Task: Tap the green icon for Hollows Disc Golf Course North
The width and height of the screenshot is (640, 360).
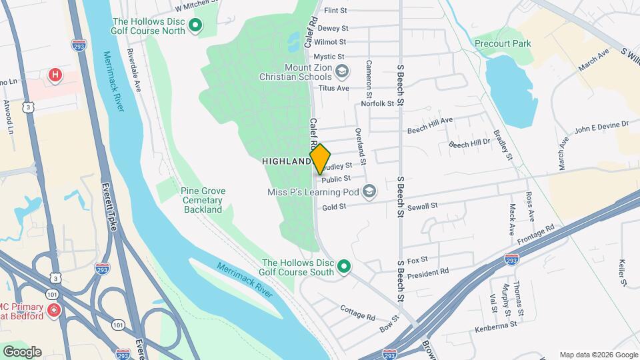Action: point(195,27)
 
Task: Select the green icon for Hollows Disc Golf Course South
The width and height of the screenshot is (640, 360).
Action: point(344,267)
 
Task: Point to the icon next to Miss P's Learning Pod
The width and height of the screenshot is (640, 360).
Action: point(369,193)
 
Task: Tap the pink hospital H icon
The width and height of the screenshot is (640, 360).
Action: point(55,75)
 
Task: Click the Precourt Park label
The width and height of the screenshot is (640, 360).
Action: point(503,43)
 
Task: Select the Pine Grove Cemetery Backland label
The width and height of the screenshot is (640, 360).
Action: point(203,200)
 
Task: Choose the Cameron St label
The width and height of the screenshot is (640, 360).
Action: point(369,76)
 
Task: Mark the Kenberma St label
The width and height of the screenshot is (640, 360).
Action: point(496,325)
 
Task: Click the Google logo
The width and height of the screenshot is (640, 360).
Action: point(22,351)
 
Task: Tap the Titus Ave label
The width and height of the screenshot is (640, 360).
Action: point(335,88)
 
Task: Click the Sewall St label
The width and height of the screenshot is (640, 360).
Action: point(423,206)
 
